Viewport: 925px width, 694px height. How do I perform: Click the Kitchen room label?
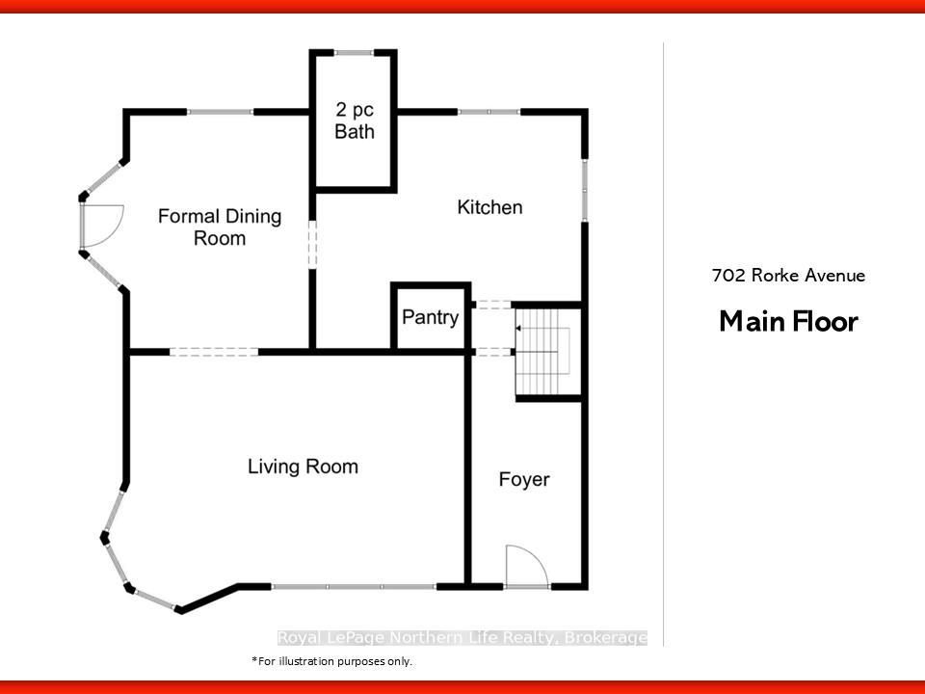(x=489, y=207)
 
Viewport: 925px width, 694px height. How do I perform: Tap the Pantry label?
(x=430, y=317)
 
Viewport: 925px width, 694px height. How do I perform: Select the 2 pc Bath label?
(x=355, y=120)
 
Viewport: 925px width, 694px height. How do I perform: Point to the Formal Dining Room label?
(x=220, y=227)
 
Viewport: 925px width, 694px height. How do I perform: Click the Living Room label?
(x=303, y=467)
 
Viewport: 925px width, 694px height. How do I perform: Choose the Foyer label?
(x=524, y=479)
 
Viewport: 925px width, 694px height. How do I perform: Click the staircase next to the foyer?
(x=542, y=352)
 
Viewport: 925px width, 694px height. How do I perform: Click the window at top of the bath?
(x=354, y=52)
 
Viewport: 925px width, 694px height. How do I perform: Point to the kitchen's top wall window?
(x=489, y=112)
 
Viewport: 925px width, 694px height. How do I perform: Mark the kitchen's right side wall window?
(x=585, y=190)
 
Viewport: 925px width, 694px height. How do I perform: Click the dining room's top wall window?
(x=220, y=112)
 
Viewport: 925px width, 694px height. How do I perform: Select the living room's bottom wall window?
(x=354, y=587)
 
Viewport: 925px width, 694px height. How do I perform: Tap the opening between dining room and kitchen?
(x=312, y=244)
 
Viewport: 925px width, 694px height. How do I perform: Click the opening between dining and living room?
(x=214, y=353)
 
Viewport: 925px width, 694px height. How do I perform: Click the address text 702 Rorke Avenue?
(x=788, y=276)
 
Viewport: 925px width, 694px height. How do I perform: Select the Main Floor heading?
(x=789, y=322)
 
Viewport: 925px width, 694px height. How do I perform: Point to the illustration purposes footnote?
(x=331, y=661)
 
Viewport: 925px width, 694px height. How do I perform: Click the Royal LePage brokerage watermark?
(x=462, y=637)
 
